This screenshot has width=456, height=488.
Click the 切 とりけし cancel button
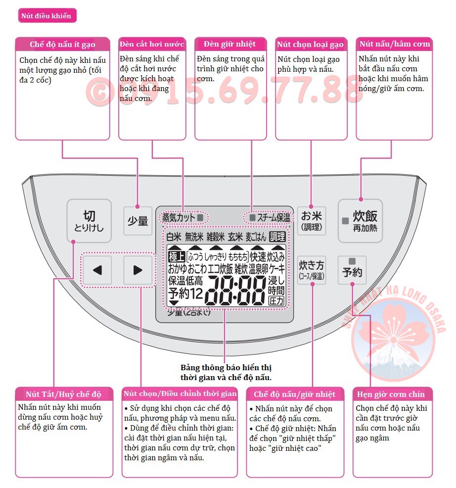pos(89,221)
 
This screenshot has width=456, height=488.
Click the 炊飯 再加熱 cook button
pos(360,221)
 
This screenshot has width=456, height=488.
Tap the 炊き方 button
pos(312,270)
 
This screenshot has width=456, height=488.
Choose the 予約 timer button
pos(352,270)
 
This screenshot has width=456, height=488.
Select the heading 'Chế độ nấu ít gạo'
pos(62,45)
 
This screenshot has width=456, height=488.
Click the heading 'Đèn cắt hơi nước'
pos(152,44)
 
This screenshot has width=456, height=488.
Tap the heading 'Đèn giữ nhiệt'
pos(229,44)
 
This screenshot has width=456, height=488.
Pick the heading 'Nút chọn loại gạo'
pos(310,45)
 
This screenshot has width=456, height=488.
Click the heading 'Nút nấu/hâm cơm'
pos(395,44)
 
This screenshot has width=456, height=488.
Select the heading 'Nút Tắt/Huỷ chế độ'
pos(63,394)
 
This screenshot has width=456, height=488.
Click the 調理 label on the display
pos(277,237)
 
